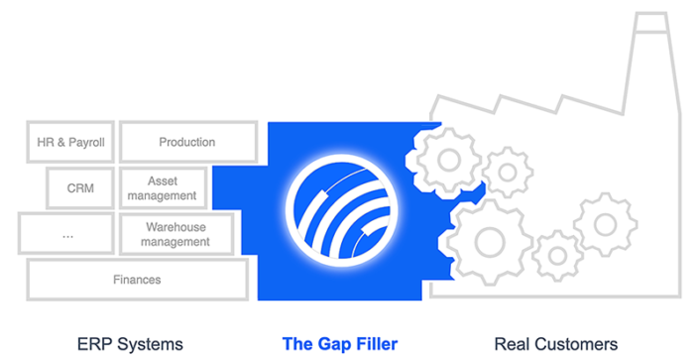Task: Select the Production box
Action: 188,142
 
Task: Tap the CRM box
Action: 81,188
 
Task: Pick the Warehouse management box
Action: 175,234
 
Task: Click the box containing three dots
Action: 66,234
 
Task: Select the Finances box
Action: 137,280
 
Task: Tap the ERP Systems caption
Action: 130,344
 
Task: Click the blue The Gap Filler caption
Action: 340,344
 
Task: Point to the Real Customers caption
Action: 556,344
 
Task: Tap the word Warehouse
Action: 175,227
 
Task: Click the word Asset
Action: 163,181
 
